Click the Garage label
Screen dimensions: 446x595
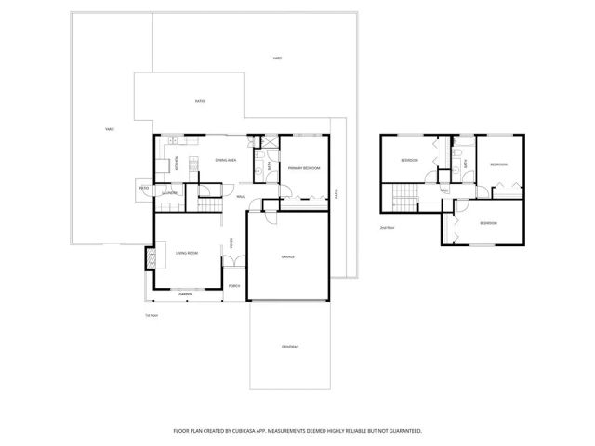pyautogui.click(x=288, y=256)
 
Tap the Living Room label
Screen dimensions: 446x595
pyautogui.click(x=187, y=253)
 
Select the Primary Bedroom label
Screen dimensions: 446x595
pyautogui.click(x=304, y=168)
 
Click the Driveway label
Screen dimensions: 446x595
pyautogui.click(x=290, y=347)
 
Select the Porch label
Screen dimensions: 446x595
pyautogui.click(x=235, y=286)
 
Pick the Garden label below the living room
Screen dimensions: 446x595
pyautogui.click(x=186, y=295)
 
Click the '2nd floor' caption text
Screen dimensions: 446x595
pyautogui.click(x=387, y=227)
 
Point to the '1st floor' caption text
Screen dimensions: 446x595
pyautogui.click(x=151, y=316)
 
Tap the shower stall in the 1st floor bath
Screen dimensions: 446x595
pyautogui.click(x=259, y=144)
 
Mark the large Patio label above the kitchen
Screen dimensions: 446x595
pyautogui.click(x=200, y=101)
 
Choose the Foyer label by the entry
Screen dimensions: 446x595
pyautogui.click(x=231, y=243)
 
